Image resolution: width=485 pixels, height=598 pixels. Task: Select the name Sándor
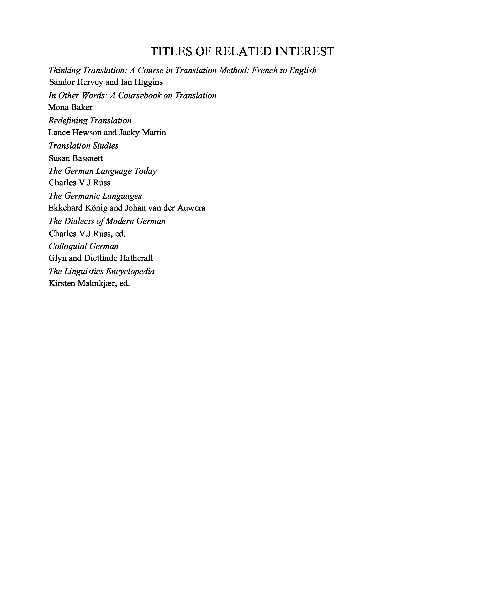[x=62, y=82]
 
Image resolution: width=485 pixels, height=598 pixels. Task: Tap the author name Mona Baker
[x=70, y=107]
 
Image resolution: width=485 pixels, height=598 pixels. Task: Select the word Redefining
[x=68, y=121]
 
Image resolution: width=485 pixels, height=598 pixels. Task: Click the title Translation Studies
[x=83, y=146]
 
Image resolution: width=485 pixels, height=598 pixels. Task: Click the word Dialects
[x=79, y=221]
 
